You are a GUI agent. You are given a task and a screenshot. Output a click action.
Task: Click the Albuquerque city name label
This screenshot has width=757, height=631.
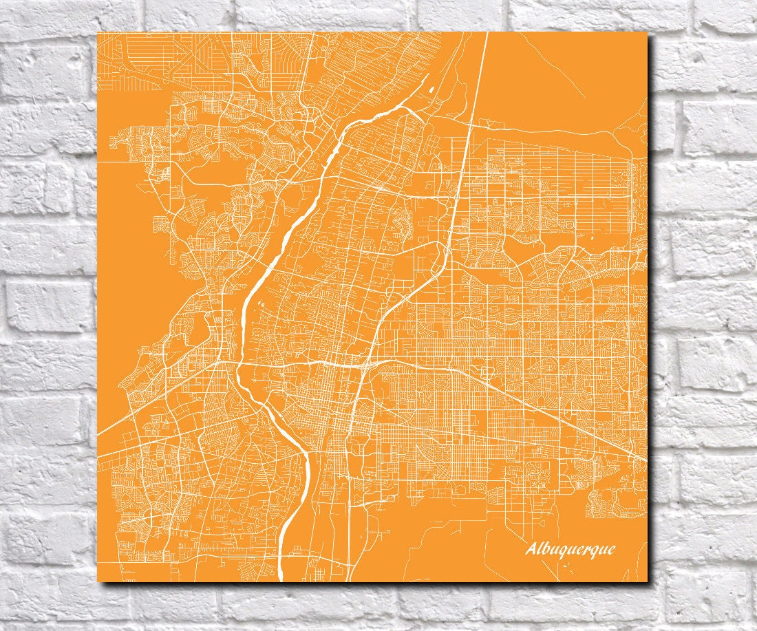571,548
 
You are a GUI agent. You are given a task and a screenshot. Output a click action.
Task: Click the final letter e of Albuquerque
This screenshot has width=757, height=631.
611,550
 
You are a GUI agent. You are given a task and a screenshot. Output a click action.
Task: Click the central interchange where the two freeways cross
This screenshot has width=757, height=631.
364,364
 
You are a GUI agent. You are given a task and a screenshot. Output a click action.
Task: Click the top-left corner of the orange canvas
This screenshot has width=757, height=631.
98,32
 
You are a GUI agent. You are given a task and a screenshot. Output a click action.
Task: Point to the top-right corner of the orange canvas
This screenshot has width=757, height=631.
648,32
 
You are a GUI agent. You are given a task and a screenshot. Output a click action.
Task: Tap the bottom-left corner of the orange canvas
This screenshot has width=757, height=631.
98,581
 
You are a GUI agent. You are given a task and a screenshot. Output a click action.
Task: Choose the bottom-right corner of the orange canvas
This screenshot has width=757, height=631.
648,581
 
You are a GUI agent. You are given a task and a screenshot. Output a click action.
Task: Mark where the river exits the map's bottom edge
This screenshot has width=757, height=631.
281,580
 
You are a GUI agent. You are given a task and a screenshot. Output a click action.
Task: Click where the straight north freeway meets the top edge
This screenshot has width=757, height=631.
487,33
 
